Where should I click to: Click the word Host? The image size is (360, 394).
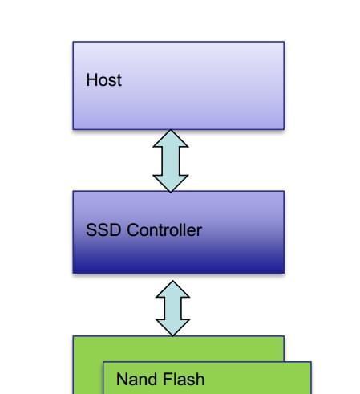tap(103, 79)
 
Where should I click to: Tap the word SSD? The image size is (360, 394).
tap(103, 229)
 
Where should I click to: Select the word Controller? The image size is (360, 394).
tap(164, 229)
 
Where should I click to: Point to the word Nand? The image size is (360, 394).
tap(136, 379)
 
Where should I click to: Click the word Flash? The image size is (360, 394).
tap(184, 379)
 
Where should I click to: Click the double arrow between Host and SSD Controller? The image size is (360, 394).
tap(171, 160)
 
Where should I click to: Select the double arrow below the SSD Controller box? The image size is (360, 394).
tap(172, 308)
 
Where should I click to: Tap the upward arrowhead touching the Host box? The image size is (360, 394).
tap(171, 138)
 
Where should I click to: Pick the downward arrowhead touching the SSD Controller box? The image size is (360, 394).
tap(171, 184)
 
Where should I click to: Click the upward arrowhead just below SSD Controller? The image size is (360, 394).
tap(172, 289)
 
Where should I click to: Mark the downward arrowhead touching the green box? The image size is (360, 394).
tap(172, 327)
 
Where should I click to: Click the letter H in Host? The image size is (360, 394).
tap(91, 79)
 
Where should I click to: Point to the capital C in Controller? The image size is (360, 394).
tap(132, 229)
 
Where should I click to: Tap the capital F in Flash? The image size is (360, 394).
tap(167, 379)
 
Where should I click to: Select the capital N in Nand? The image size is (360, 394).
tap(122, 379)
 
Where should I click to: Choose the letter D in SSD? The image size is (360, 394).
tap(115, 229)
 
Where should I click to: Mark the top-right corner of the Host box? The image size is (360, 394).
tap(284, 42)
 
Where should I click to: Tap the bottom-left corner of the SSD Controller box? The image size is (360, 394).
tap(73, 273)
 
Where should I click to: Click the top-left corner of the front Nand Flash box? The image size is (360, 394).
tap(103, 362)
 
